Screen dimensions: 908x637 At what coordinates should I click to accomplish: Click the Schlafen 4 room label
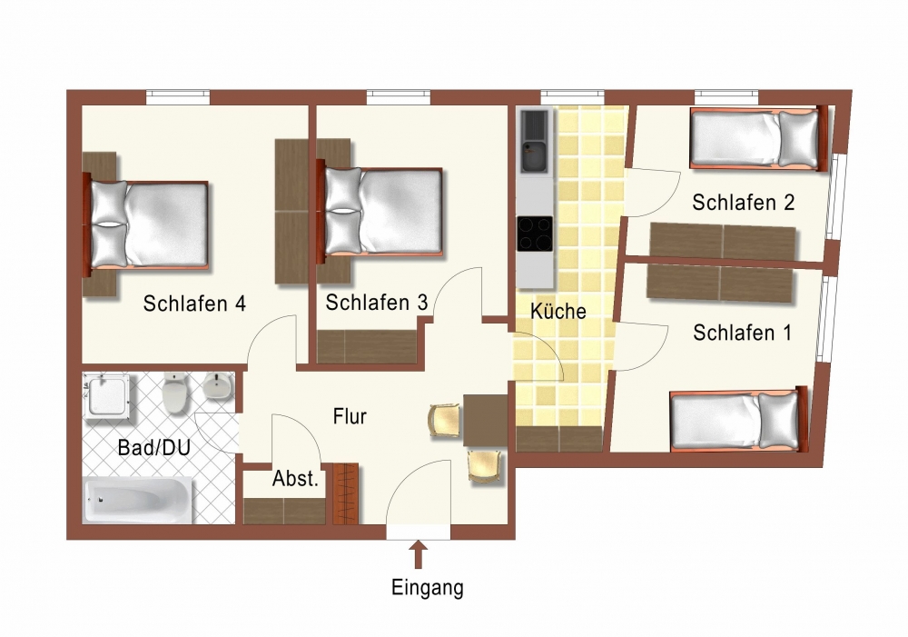[x=194, y=304]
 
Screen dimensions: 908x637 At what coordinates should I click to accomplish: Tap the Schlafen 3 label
[x=377, y=302]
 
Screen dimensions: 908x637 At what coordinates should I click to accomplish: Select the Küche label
[x=558, y=311]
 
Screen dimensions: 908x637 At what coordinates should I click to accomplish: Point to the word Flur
[x=350, y=416]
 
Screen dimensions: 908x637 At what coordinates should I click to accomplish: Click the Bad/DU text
[x=154, y=447]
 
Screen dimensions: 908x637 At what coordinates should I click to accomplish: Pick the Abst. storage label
[x=295, y=479]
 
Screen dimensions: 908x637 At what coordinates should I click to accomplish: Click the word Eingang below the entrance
[x=428, y=588]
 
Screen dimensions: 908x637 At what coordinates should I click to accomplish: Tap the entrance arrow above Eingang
[x=419, y=554]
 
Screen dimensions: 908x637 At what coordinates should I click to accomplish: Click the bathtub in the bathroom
[x=138, y=500]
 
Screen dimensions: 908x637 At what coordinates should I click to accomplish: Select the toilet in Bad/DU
[x=175, y=393]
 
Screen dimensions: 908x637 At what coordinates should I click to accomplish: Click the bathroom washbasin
[x=218, y=386]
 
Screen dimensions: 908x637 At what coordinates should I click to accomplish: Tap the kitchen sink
[x=534, y=142]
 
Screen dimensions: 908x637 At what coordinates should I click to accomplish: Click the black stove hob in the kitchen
[x=535, y=234]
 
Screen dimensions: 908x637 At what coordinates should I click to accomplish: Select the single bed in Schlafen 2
[x=758, y=138]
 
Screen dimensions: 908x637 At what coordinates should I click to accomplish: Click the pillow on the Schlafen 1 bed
[x=778, y=420]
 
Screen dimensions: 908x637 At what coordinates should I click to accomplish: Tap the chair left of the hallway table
[x=445, y=421]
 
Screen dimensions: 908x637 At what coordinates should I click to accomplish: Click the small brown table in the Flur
[x=485, y=420]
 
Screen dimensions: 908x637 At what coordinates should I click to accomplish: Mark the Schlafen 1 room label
[x=742, y=333]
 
